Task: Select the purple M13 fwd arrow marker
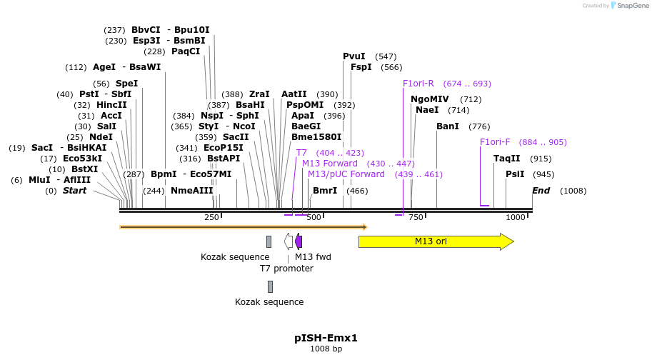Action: pos(299,241)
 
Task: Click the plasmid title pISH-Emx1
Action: pos(326,338)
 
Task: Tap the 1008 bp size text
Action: pos(326,349)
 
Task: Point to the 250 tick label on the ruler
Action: pos(211,217)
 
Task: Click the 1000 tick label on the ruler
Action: pos(516,217)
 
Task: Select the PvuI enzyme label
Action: pos(354,56)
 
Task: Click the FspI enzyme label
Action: pos(361,67)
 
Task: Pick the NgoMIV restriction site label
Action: pos(430,99)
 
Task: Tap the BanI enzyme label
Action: pos(448,126)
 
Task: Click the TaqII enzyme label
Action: pos(507,159)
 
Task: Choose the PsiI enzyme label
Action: pos(515,174)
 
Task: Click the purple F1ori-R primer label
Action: pos(418,84)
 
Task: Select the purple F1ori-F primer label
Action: pos(495,142)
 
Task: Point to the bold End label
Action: pos(541,191)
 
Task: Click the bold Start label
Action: pos(74,191)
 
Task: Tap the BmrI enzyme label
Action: pos(325,191)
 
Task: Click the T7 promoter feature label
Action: pos(286,269)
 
